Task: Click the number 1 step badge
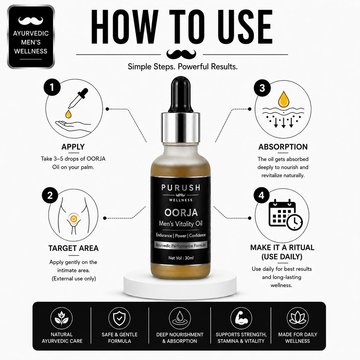[x=52, y=87]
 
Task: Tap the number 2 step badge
[x=50, y=195]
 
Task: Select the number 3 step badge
[x=262, y=88]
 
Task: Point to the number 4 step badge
[x=261, y=196]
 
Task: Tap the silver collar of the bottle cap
[x=181, y=127]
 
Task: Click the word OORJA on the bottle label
[x=181, y=213]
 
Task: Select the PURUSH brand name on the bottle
[x=181, y=187]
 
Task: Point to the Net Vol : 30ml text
[x=181, y=258]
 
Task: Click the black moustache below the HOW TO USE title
[x=181, y=54]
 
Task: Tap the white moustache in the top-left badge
[x=31, y=21]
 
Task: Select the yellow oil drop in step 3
[x=284, y=99]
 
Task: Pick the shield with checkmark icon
[x=119, y=318]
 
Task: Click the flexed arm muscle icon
[x=241, y=319]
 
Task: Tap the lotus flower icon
[x=298, y=319]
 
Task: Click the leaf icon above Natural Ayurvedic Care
[x=61, y=319]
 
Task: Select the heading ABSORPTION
[x=283, y=147]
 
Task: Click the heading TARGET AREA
[x=73, y=248]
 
